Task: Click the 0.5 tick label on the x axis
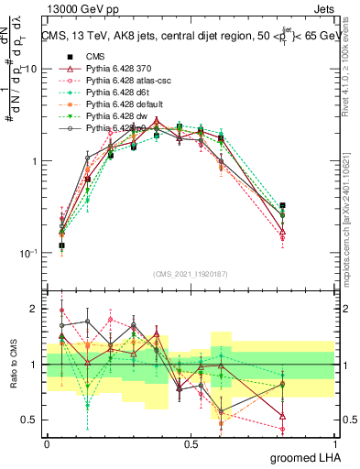coord(191,443)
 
